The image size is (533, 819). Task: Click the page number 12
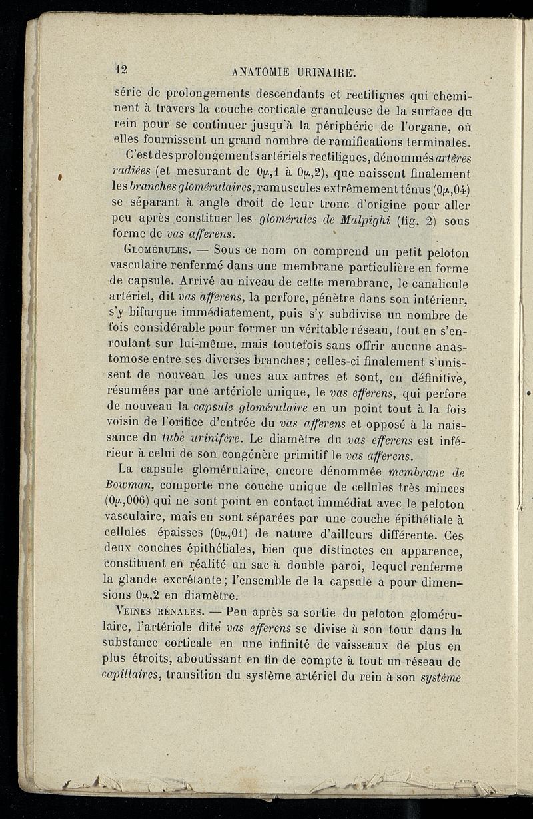click(x=121, y=69)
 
